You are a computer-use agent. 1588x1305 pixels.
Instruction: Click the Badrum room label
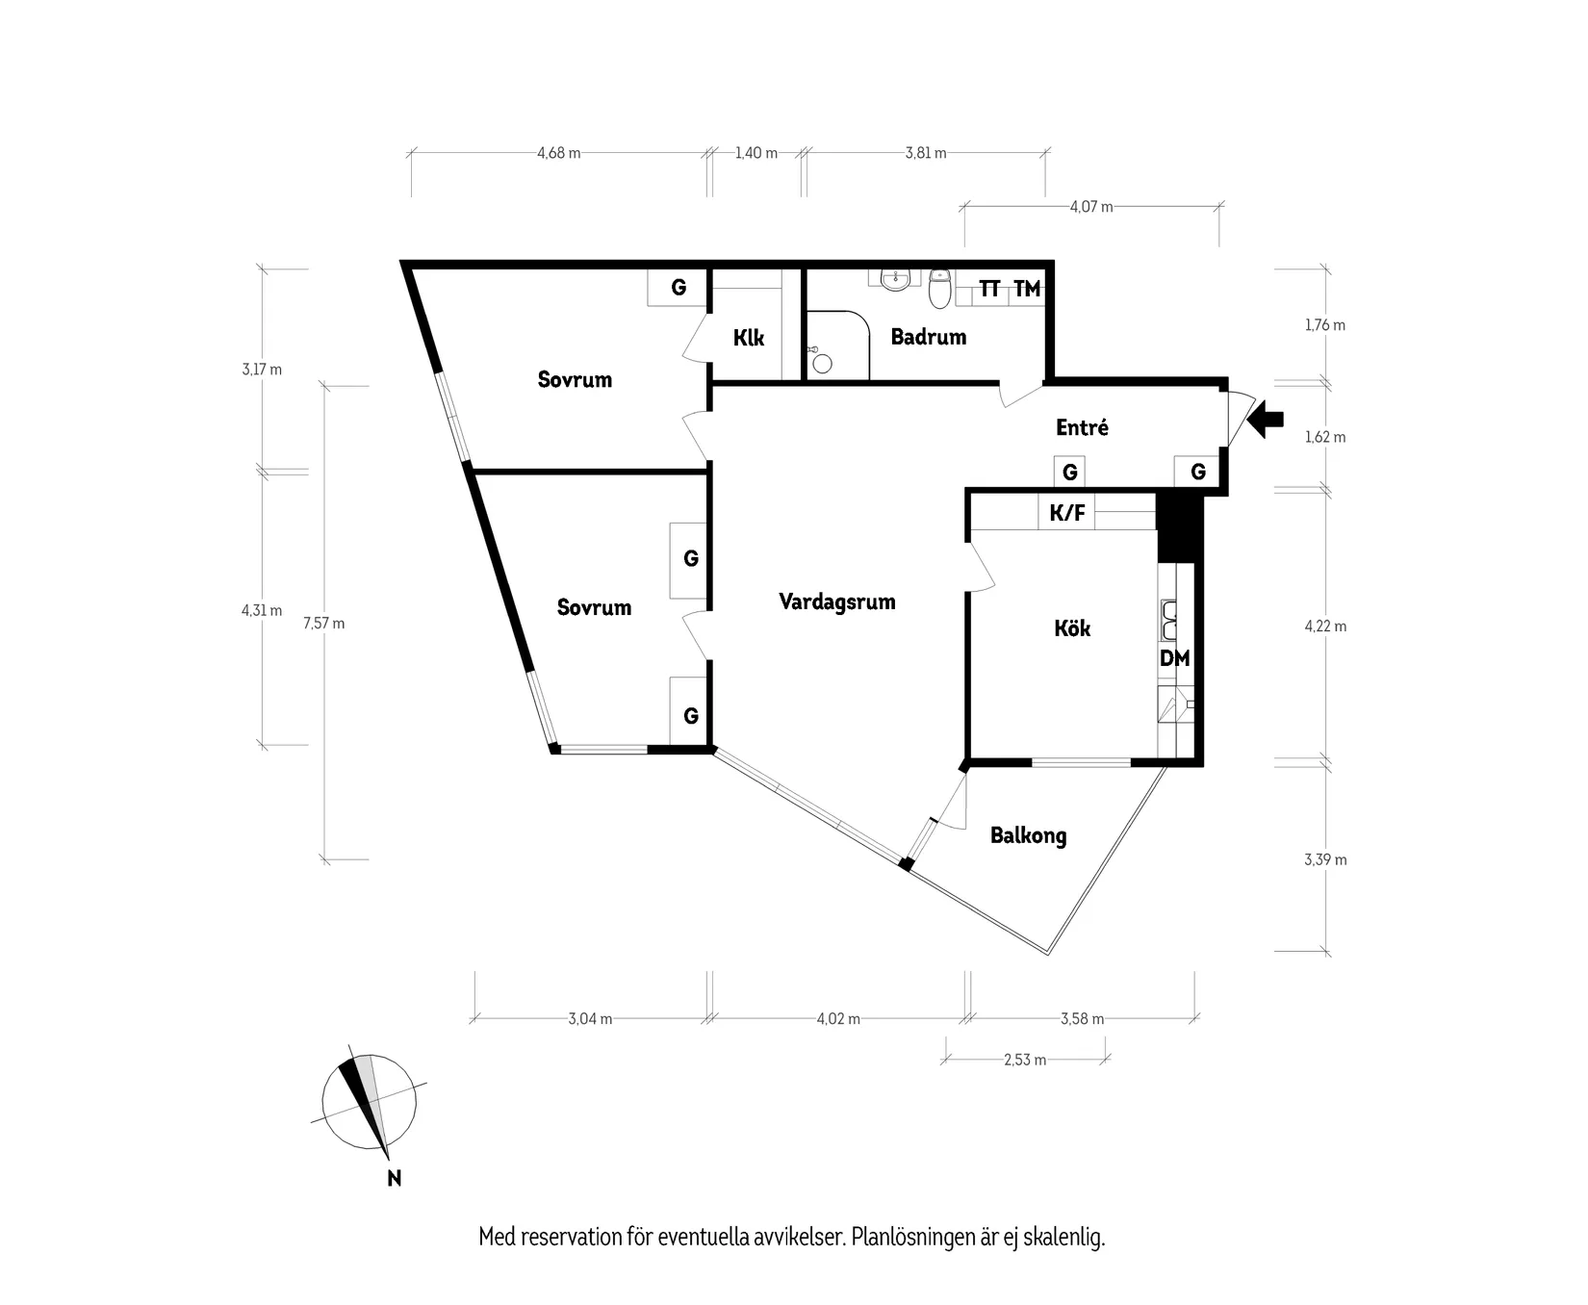pyautogui.click(x=928, y=337)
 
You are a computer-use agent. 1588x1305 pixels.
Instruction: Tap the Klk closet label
pyautogui.click(x=749, y=338)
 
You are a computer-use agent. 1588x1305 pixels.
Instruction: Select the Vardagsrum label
pyautogui.click(x=836, y=602)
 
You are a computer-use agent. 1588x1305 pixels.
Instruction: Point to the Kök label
pyautogui.click(x=1072, y=628)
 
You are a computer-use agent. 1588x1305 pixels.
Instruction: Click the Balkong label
pyautogui.click(x=1028, y=835)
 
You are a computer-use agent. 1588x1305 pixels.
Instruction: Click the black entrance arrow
pyautogui.click(x=1266, y=419)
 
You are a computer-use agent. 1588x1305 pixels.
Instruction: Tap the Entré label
pyautogui.click(x=1082, y=427)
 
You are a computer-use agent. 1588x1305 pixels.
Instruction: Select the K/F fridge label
pyautogui.click(x=1066, y=513)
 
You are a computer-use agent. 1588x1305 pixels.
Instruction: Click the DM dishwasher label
pyautogui.click(x=1174, y=658)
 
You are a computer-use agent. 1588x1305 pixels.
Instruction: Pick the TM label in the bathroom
pyautogui.click(x=1027, y=289)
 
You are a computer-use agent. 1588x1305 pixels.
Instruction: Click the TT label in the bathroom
pyautogui.click(x=989, y=289)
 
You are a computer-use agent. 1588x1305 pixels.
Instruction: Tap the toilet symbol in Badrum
pyautogui.click(x=940, y=287)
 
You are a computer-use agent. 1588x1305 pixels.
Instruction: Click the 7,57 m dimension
pyautogui.click(x=323, y=623)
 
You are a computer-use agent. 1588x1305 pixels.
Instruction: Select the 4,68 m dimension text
pyautogui.click(x=558, y=153)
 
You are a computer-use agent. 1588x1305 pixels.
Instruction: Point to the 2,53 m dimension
pyautogui.click(x=1024, y=1060)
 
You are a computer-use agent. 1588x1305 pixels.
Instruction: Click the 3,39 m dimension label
pyautogui.click(x=1325, y=859)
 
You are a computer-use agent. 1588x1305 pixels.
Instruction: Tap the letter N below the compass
pyautogui.click(x=394, y=1178)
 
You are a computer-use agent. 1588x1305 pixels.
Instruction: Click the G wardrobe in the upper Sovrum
pyautogui.click(x=679, y=287)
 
